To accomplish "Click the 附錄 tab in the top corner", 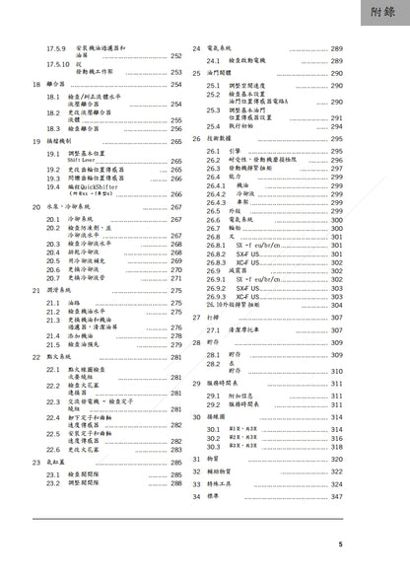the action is (x=381, y=14).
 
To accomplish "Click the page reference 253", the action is (x=176, y=72).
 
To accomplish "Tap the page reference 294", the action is (x=336, y=127).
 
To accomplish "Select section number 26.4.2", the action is (x=216, y=193).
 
